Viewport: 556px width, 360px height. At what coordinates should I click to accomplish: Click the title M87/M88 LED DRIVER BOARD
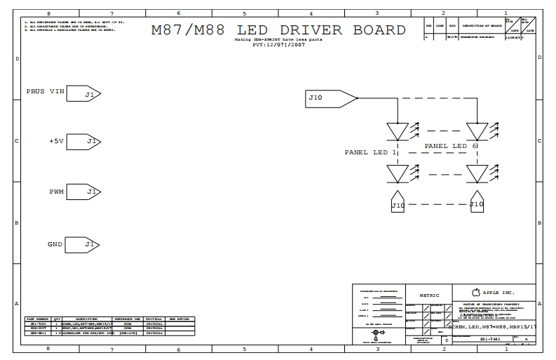tap(278, 30)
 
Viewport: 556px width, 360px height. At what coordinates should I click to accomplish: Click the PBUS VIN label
tap(46, 92)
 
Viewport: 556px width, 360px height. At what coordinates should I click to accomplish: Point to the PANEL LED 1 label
tap(370, 152)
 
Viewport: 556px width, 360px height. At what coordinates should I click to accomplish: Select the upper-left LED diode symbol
tap(398, 131)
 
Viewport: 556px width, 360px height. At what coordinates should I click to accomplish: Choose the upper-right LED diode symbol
tap(477, 131)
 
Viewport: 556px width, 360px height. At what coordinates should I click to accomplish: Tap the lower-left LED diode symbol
tap(398, 173)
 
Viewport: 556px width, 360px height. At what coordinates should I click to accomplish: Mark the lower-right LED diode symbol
tap(477, 173)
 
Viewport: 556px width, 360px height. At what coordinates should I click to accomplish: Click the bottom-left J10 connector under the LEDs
tap(398, 203)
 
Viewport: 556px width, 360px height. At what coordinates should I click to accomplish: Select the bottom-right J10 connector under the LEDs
tap(477, 202)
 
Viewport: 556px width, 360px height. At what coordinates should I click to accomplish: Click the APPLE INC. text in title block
tap(499, 292)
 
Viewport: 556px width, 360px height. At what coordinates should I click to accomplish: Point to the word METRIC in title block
tap(429, 295)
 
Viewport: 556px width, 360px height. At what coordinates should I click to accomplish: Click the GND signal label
tap(55, 244)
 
